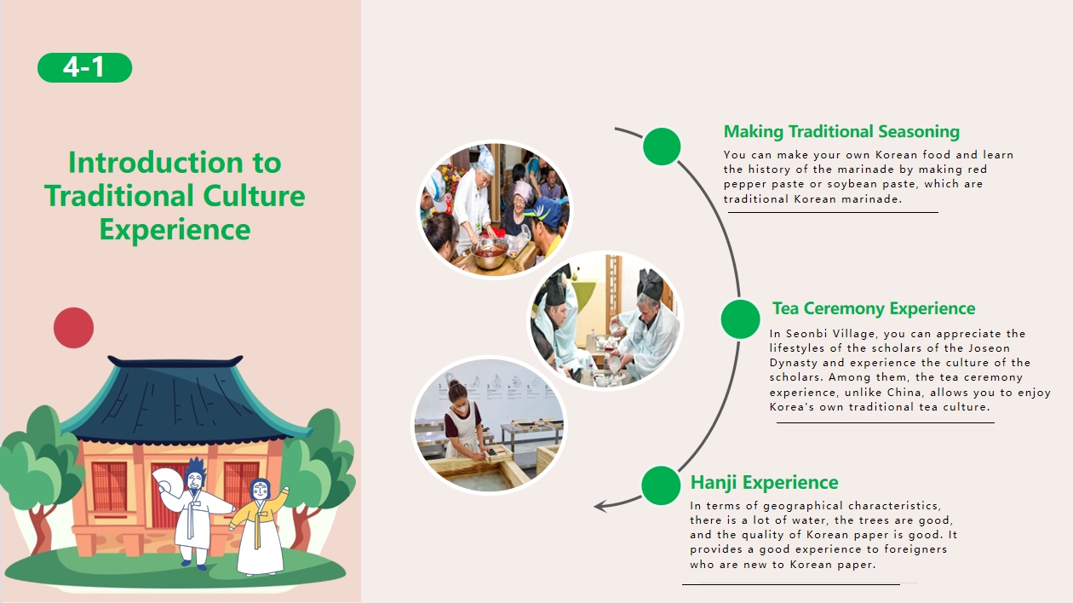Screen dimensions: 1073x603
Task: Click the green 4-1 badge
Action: point(85,67)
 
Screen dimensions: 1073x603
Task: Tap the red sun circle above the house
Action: point(74,328)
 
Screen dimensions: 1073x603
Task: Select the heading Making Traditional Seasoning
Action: point(841,132)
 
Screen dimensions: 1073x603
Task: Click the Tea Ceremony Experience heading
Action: point(874,308)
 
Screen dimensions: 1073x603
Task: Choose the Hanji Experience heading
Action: point(765,483)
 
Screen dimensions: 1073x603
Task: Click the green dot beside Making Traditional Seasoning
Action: point(662,146)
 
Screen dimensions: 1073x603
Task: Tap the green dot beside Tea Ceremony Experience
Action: point(740,319)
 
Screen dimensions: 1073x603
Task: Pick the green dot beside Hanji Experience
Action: point(661,485)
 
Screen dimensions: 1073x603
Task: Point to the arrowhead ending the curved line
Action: point(600,506)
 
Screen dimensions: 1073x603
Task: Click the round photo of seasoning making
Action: point(494,210)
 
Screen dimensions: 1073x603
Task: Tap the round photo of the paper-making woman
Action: point(489,425)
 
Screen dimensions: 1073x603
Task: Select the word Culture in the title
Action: point(254,196)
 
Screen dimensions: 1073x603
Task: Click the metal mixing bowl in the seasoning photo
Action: point(489,252)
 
